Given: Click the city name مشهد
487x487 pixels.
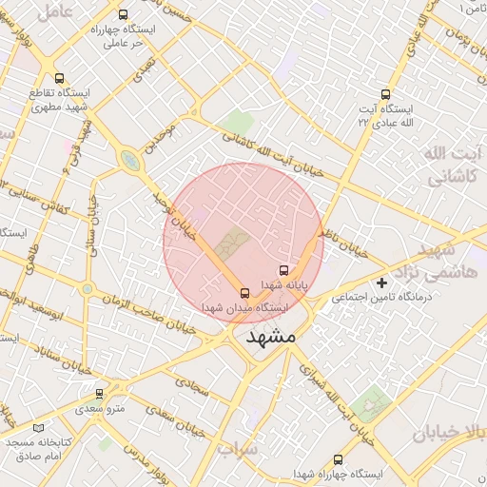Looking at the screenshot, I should pos(271,338).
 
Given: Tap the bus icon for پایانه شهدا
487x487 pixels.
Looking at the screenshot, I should pos(283,271).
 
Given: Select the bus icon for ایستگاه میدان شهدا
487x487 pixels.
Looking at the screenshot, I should pos(245,293).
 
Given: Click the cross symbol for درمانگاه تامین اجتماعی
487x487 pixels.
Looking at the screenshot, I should pos(382,282).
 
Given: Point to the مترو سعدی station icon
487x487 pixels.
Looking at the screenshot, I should pos(100,393).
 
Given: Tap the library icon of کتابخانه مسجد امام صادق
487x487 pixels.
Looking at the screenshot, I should pos(39,430).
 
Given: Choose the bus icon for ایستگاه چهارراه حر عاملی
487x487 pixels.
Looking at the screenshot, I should pos(123,15).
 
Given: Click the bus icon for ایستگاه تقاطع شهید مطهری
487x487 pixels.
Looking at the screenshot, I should pos(60,79).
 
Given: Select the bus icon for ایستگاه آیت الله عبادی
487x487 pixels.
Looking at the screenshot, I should pos(385,94).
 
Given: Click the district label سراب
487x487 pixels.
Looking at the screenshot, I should pos(237,447).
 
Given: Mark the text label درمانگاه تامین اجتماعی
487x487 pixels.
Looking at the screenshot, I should pos(381,299).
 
